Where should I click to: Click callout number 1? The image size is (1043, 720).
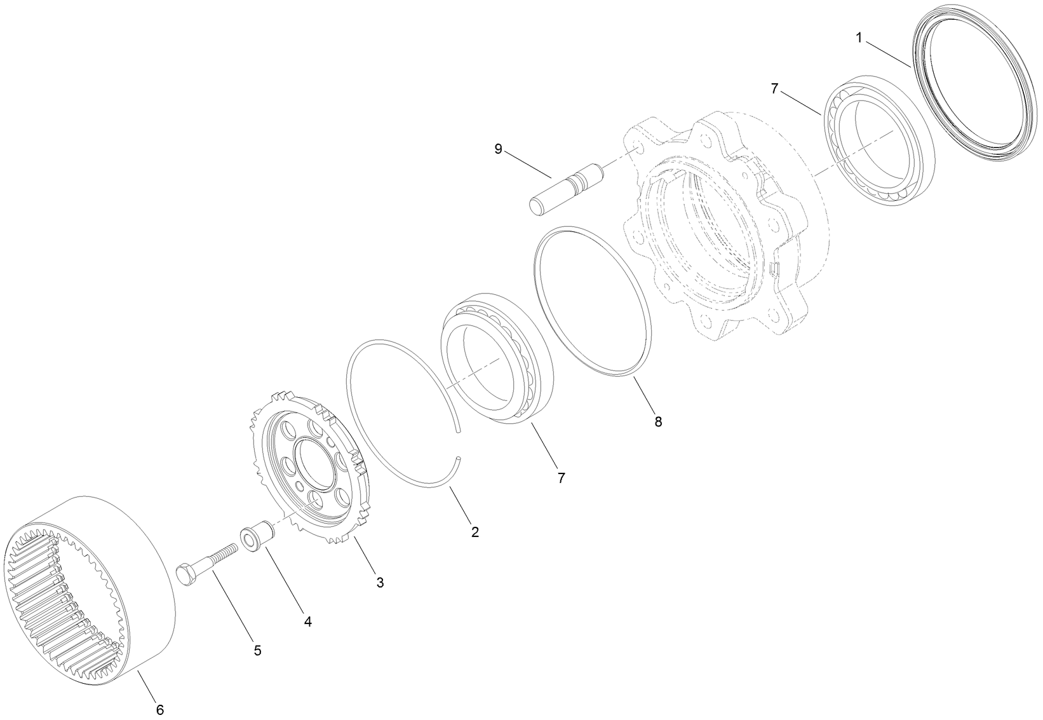[x=858, y=38]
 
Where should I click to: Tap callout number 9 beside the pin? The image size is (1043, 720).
[x=498, y=149]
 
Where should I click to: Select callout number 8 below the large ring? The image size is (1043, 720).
[x=658, y=421]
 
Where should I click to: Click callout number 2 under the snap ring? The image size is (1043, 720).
[x=474, y=532]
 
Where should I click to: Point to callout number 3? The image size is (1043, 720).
[x=380, y=582]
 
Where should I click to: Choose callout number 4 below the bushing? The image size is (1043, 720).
[x=307, y=622]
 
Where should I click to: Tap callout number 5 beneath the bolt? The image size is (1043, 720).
[x=257, y=651]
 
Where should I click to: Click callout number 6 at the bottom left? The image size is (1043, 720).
[x=160, y=710]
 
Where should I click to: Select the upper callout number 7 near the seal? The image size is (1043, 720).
[x=774, y=89]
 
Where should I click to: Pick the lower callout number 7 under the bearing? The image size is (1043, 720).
[x=561, y=478]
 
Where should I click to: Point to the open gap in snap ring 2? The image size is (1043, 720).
[x=459, y=443]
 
